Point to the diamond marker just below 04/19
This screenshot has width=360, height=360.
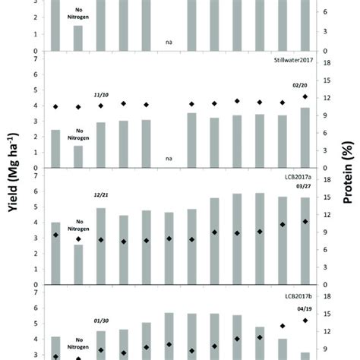305,320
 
